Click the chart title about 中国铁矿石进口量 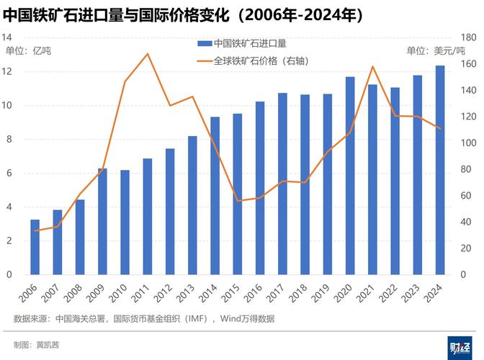point(184,14)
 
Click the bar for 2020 point(350,176)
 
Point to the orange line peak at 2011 point(147,54)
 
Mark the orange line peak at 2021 point(372,67)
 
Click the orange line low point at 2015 point(237,201)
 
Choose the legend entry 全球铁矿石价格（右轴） point(252,61)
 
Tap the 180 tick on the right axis point(469,37)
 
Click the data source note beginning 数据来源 point(144,318)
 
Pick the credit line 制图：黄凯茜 point(37,345)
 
